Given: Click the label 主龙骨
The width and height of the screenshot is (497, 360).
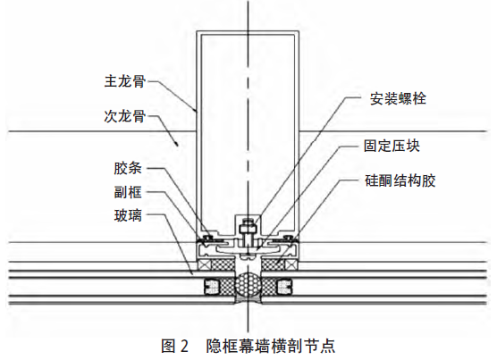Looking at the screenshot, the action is (125, 81).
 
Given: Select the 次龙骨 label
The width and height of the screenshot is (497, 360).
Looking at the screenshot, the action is (125, 116).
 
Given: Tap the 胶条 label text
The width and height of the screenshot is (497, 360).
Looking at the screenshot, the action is (128, 168).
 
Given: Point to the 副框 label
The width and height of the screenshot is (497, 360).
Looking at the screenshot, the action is (128, 192).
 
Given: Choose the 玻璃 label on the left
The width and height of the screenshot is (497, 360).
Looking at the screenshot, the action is (128, 215).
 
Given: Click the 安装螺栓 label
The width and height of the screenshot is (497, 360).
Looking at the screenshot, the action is (398, 99).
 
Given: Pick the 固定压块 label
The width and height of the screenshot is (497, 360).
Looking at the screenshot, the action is (392, 146).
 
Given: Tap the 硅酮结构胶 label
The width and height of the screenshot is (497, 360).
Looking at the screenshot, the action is (400, 180).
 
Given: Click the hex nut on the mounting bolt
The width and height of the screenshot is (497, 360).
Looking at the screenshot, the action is (248, 229).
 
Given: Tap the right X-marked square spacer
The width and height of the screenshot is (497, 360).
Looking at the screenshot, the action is (291, 264).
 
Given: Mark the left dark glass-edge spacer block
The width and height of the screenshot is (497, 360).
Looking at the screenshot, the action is (211, 287).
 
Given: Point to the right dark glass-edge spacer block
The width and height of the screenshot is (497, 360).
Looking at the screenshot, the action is (284, 287).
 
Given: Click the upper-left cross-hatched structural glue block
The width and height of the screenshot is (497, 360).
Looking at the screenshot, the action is (223, 264).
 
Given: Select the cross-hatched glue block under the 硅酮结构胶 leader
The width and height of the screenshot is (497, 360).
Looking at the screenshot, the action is (273, 264).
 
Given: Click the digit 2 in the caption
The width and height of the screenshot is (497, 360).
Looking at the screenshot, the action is (184, 346).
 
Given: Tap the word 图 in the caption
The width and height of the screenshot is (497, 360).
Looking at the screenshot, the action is (168, 346).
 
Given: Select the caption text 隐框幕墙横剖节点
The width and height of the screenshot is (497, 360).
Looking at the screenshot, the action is (271, 346).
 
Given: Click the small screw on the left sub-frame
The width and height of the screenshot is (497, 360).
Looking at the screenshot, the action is (207, 238).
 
